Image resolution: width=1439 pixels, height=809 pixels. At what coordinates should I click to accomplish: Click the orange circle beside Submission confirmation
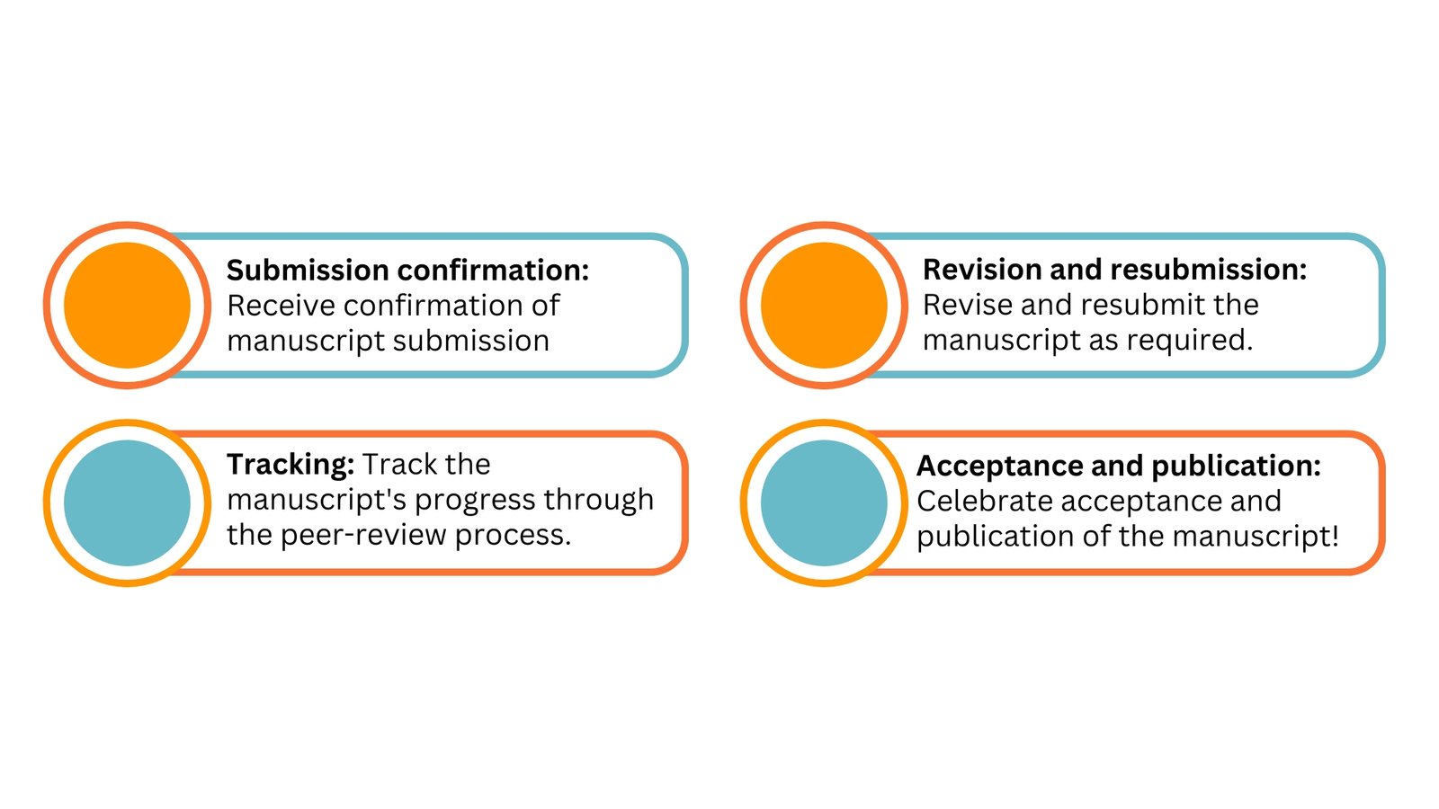click(127, 305)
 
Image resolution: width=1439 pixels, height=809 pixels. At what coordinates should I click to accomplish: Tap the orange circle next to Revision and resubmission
click(824, 305)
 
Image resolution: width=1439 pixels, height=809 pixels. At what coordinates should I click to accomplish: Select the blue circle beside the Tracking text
click(127, 502)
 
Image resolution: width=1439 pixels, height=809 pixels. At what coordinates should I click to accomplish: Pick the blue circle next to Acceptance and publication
click(824, 502)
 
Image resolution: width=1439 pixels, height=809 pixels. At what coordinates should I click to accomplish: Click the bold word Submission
click(308, 270)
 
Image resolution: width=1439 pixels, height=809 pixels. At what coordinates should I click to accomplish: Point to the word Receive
click(281, 305)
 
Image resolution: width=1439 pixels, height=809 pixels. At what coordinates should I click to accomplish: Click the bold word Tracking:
click(290, 465)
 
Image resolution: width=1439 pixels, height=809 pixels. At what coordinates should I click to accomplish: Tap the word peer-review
click(363, 535)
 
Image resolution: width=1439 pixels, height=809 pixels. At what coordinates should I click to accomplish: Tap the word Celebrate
click(984, 501)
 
